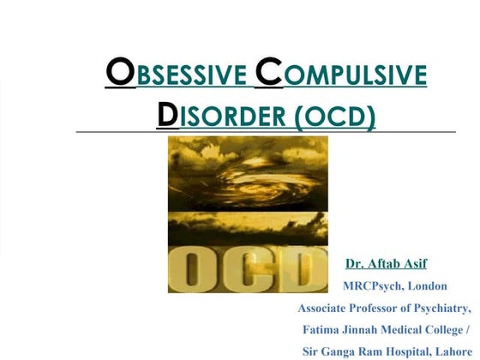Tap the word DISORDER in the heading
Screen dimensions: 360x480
(x=223, y=115)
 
